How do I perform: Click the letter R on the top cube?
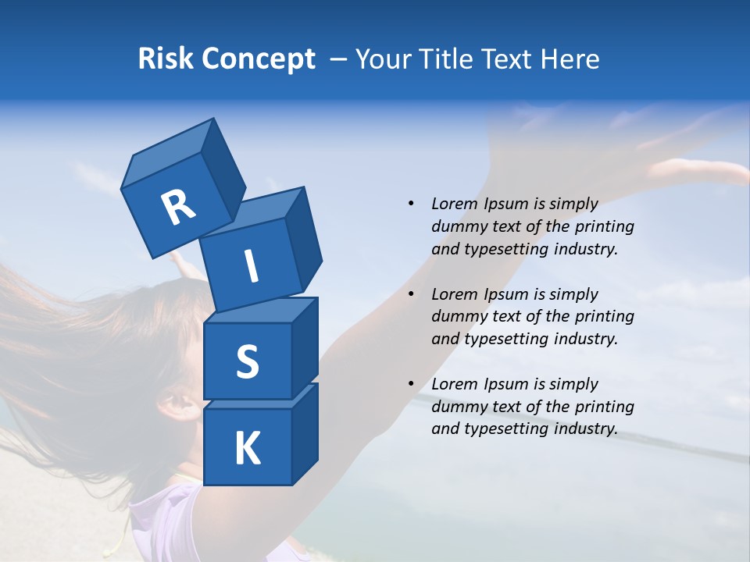pyautogui.click(x=178, y=207)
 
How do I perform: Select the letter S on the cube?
pyautogui.click(x=247, y=361)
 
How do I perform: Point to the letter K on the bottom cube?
pyautogui.click(x=247, y=448)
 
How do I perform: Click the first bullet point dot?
pyautogui.click(x=411, y=204)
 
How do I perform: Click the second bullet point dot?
pyautogui.click(x=411, y=294)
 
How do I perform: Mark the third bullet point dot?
pyautogui.click(x=411, y=384)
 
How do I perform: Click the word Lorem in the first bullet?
pyautogui.click(x=455, y=204)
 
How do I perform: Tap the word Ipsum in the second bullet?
pyautogui.click(x=507, y=294)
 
